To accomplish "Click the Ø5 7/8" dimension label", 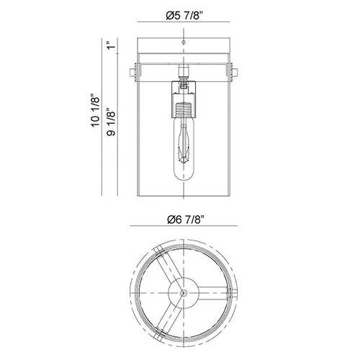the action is coord(184,16).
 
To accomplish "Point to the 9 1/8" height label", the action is coord(111,122).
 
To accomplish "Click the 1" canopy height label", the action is coord(111,45).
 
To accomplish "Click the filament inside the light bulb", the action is coord(184,143).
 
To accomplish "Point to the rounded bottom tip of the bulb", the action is coord(184,177).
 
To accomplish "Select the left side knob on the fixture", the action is coord(132,73).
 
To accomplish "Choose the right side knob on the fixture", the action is coord(235,73).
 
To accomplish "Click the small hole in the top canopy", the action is coord(184,42).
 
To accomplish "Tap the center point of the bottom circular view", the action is coord(184,293).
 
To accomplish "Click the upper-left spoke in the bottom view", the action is coord(168,266).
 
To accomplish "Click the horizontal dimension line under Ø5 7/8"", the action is coord(184,22).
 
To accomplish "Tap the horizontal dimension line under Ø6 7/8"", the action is coord(184,225).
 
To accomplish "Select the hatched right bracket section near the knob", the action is coord(231,72).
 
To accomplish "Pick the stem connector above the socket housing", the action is coord(184,73).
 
